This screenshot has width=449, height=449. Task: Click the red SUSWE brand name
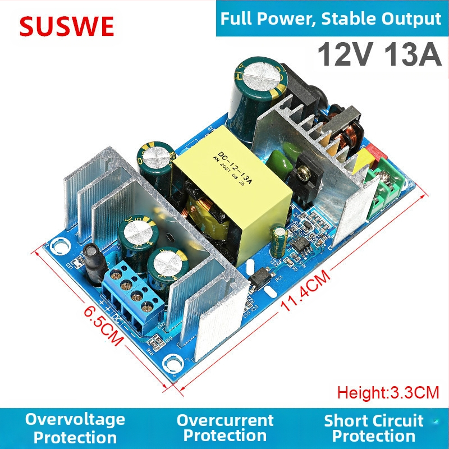click(x=67, y=26)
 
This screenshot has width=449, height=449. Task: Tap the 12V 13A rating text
click(x=379, y=55)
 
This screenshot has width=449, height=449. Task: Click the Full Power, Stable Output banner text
click(x=331, y=19)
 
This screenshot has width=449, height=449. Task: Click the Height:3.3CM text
click(x=388, y=392)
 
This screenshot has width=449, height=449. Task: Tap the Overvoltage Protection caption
click(x=75, y=428)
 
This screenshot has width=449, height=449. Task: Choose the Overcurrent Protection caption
click(x=224, y=428)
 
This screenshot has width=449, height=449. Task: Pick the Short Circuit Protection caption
click(x=373, y=428)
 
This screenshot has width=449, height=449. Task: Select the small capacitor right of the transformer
click(x=279, y=239)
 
